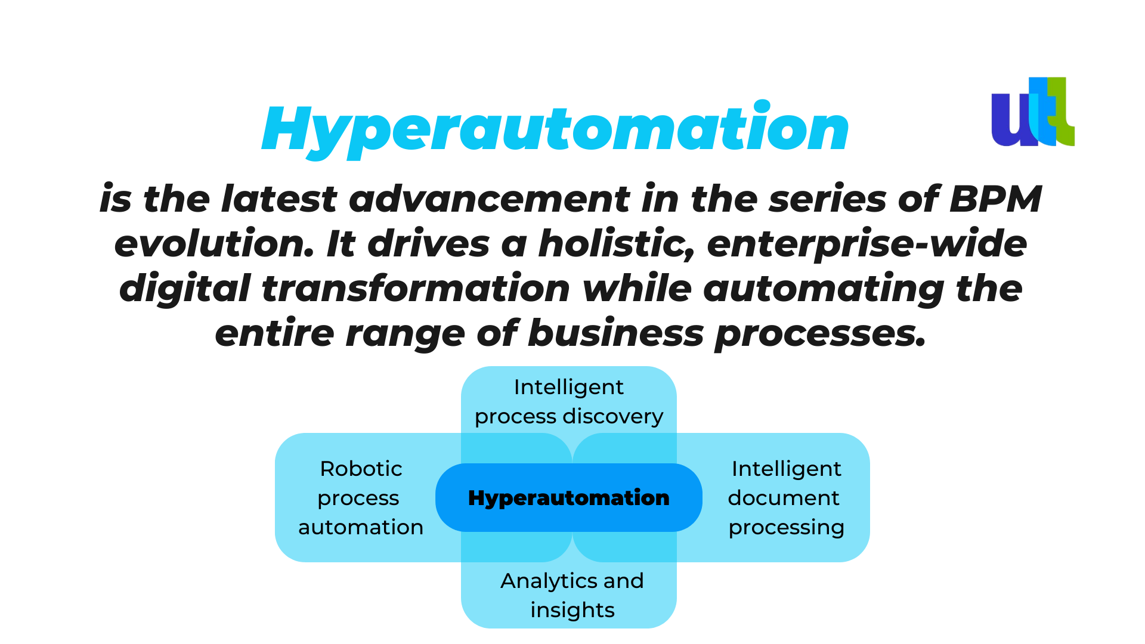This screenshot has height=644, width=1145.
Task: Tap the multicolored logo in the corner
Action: click(x=1033, y=112)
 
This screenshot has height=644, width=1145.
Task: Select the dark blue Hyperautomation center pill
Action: click(x=569, y=497)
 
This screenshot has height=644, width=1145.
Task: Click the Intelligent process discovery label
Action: click(x=569, y=401)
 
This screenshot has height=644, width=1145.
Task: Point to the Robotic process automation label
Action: click(x=361, y=498)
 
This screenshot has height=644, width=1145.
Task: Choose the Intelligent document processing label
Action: click(x=786, y=498)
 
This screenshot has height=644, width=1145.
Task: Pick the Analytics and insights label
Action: click(x=572, y=595)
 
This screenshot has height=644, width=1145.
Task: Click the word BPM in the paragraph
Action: click(x=995, y=199)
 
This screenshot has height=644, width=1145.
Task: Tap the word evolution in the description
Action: click(x=214, y=244)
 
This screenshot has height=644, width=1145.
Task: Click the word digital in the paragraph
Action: click(x=184, y=289)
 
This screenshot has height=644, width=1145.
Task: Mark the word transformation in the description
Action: click(x=416, y=289)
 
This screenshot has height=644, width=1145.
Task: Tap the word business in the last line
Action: click(x=615, y=333)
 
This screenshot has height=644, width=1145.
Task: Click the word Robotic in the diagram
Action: click(x=361, y=469)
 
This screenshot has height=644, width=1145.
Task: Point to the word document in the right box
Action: click(x=784, y=498)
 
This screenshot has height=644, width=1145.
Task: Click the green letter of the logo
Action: click(x=1063, y=112)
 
